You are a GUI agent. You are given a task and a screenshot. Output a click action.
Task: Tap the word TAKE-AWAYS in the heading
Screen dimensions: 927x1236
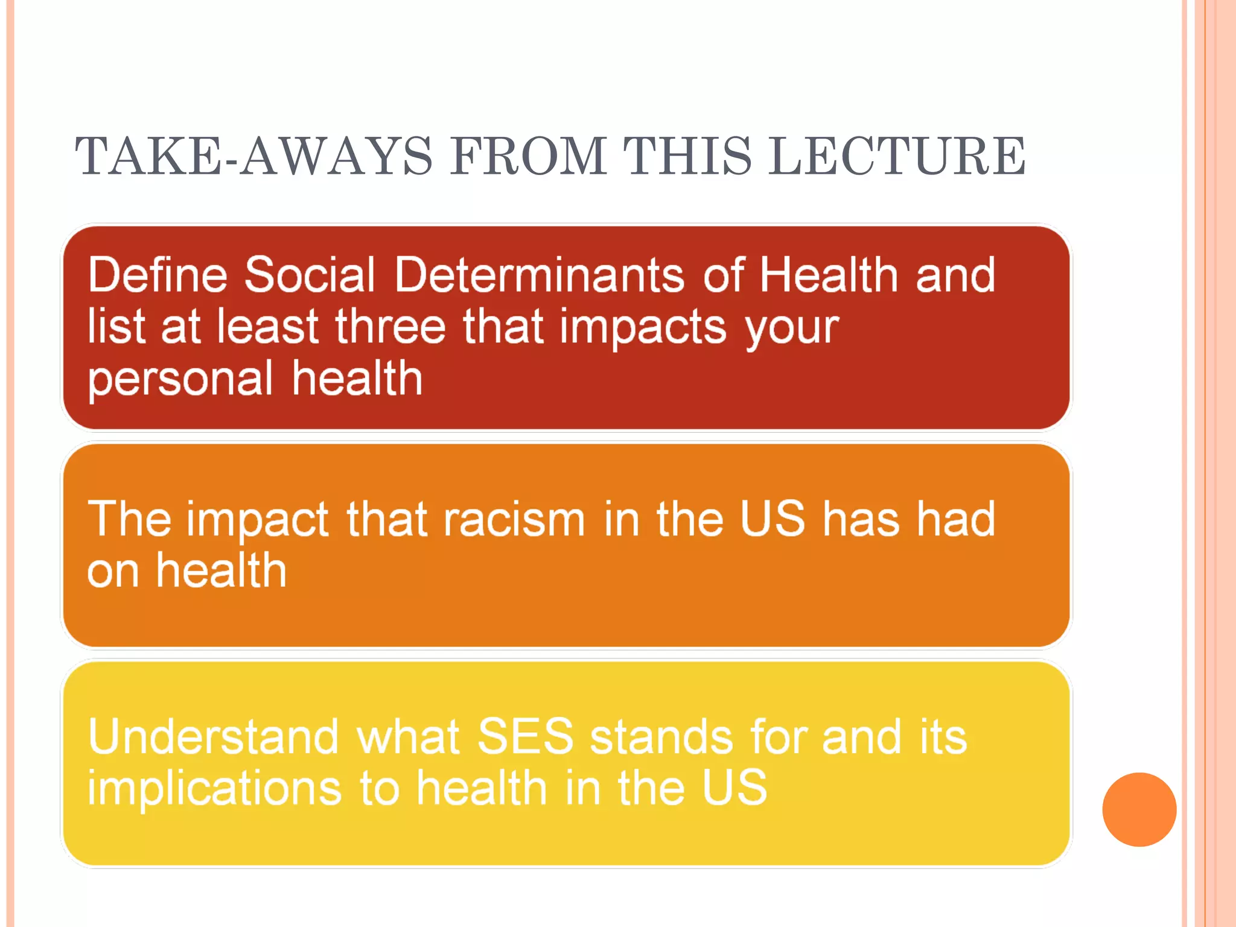253,156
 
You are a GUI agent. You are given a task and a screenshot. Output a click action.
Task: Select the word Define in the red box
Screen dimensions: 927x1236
158,275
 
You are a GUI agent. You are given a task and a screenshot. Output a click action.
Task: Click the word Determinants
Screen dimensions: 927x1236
540,275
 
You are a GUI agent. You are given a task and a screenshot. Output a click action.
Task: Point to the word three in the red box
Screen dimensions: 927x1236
390,327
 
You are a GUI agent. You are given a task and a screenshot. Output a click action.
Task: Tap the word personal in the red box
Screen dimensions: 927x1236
180,380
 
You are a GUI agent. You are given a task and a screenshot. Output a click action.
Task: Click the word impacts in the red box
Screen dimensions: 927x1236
643,328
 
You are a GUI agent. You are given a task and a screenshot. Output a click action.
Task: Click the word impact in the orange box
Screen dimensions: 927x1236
258,520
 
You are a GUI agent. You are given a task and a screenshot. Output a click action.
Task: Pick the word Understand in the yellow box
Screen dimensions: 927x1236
213,737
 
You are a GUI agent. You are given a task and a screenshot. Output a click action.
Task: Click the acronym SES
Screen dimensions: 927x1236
525,737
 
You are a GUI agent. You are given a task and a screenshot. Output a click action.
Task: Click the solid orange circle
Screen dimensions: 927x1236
1139,809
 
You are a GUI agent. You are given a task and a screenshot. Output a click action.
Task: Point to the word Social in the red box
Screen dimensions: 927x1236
310,275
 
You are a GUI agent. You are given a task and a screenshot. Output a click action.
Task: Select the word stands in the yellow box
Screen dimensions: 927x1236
661,737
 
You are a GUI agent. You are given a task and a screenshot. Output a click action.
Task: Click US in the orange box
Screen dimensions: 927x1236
772,518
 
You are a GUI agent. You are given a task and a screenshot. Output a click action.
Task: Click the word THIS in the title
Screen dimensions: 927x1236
687,156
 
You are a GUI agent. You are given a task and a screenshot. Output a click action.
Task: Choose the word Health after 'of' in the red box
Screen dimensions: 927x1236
829,275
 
